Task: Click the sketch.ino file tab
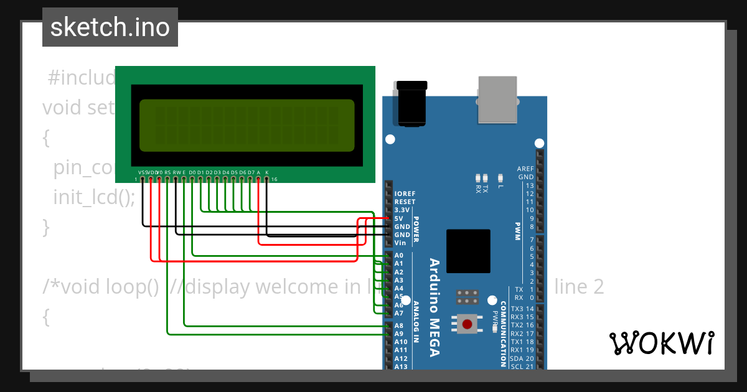coord(110,27)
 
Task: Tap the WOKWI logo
coord(661,343)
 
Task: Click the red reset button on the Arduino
coord(468,323)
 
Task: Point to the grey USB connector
coord(497,100)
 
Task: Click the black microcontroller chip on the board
coord(468,251)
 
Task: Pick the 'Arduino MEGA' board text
coord(435,307)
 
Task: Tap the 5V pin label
coord(399,219)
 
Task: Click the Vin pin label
coord(400,243)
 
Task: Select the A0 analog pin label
coord(399,256)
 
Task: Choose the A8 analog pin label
coord(399,325)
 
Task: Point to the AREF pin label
coord(525,169)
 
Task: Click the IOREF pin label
coord(405,194)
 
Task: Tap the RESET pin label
coord(405,202)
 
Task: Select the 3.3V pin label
coord(402,210)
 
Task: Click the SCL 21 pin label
coord(522,366)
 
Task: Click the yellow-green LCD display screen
coord(247,126)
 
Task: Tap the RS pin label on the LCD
coord(167,172)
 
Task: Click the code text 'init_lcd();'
coord(94,197)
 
